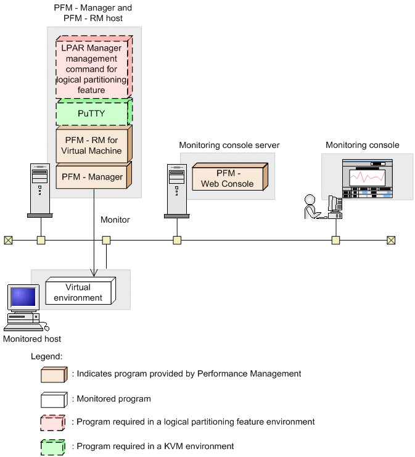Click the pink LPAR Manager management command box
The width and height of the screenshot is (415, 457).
92,68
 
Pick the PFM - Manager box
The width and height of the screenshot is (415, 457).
92,177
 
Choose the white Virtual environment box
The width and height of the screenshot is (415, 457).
78,292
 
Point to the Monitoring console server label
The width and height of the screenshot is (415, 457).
229,146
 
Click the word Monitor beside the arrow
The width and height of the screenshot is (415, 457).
115,219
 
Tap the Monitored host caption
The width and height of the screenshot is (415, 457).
32,339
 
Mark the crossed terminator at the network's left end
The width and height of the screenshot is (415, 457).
8,240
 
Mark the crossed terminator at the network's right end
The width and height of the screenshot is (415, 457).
390,240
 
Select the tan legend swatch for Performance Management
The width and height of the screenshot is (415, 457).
54,374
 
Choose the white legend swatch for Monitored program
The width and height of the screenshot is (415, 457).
54,399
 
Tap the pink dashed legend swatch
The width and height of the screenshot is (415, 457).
54,422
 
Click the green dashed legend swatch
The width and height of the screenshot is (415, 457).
54,447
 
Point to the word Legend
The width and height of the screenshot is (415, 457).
46,356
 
